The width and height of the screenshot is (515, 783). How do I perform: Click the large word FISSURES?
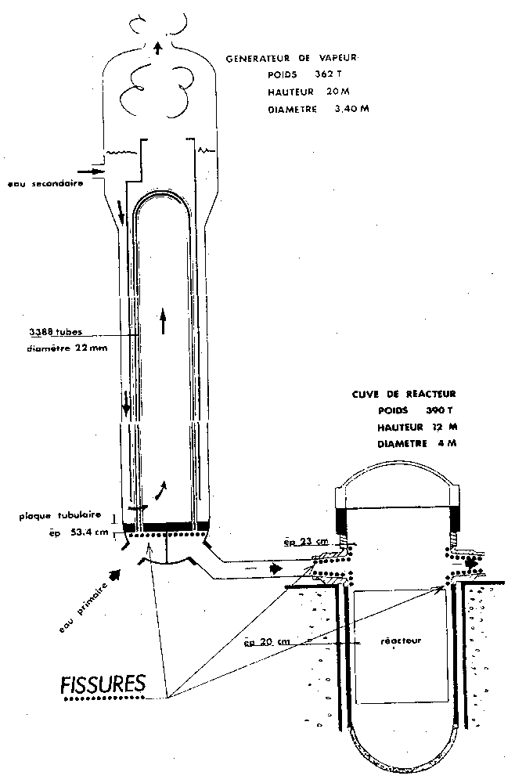pyautogui.click(x=103, y=683)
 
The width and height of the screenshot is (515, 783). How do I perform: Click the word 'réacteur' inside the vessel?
pyautogui.click(x=401, y=640)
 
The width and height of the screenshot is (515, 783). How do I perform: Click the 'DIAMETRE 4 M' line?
pyautogui.click(x=416, y=444)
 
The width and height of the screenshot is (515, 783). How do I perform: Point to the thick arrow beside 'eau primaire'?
pyautogui.click(x=116, y=574)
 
